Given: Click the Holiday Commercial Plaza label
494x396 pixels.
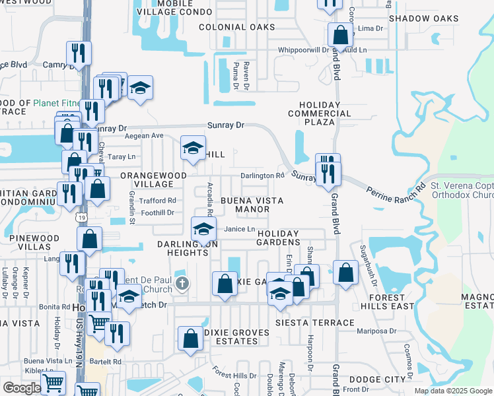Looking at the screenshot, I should click(320, 114).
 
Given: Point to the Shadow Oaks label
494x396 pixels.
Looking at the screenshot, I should click(423, 18).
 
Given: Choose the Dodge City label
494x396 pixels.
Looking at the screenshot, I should click(377, 379).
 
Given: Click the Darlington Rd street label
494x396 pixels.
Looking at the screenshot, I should click(262, 176).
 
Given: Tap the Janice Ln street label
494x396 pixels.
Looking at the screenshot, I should click(239, 229).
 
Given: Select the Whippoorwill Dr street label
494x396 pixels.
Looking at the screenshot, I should click(303, 49).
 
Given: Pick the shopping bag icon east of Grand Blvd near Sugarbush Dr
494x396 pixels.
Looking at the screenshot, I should click(345, 272).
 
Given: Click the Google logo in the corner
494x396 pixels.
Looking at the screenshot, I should click(21, 388).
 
